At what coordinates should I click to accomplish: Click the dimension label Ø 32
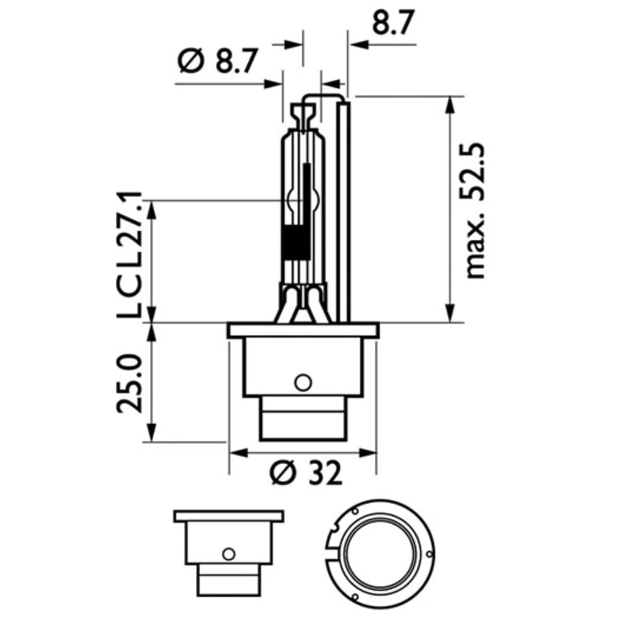pos(306,473)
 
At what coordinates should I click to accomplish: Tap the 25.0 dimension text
pos(129,384)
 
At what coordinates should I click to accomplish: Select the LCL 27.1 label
pos(129,255)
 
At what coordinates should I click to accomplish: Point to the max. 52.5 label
pos(474,211)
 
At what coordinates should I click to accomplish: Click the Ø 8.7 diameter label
pos(218,61)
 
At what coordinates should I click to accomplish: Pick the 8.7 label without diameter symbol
pos(388,23)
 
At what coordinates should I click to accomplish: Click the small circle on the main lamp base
pos(303,382)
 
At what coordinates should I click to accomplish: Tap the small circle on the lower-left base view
pos(228,554)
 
